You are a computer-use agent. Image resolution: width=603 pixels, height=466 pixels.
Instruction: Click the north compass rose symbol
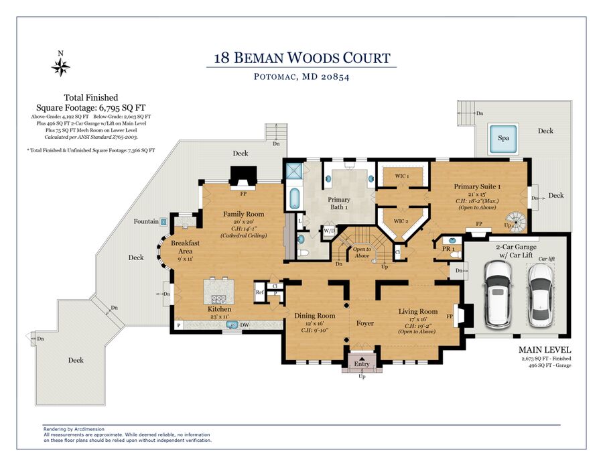point(60,66)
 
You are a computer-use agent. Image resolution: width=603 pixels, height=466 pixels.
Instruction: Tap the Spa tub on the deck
point(503,138)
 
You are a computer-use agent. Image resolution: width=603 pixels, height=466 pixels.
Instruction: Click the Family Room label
point(243,215)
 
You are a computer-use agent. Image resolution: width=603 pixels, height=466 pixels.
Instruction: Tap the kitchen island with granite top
point(218,290)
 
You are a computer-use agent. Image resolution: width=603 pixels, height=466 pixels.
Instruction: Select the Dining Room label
point(314,315)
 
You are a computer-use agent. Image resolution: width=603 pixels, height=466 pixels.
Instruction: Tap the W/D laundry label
point(329,231)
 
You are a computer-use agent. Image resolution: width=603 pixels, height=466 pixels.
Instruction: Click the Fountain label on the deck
point(146,221)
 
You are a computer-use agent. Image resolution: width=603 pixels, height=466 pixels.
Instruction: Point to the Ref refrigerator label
point(259,292)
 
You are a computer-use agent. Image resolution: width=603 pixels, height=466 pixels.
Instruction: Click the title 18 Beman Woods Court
point(301,58)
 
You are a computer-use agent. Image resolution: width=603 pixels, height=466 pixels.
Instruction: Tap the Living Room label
point(418,311)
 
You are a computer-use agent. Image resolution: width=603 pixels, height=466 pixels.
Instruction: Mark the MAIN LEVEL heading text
point(544,350)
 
